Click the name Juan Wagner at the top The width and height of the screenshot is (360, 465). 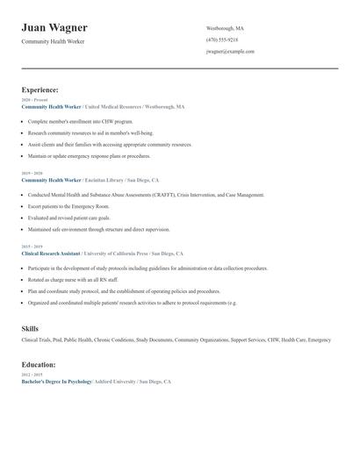(x=54, y=28)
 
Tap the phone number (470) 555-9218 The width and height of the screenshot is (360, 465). (x=222, y=39)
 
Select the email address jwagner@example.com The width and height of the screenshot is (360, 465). (x=230, y=51)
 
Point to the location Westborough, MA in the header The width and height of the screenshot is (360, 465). (x=225, y=28)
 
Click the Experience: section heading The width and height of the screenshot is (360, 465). (x=40, y=89)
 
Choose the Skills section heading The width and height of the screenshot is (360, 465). (x=30, y=328)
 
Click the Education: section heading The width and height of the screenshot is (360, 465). (x=39, y=364)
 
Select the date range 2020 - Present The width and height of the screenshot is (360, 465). (x=33, y=100)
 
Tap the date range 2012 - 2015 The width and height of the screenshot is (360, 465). (x=32, y=375)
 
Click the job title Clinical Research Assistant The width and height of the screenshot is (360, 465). (x=50, y=253)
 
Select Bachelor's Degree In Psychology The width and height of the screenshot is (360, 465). (x=56, y=382)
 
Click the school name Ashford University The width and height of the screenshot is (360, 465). (x=119, y=382)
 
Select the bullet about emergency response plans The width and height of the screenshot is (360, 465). (x=89, y=156)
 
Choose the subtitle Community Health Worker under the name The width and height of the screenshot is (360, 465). (x=54, y=42)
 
